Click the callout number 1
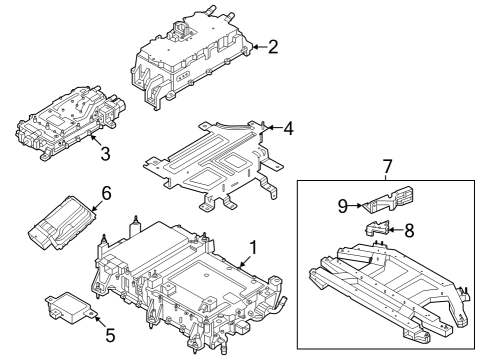coord(253,245)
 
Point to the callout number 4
coord(288,128)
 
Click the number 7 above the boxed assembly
coord(385,164)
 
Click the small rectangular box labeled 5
coord(67,304)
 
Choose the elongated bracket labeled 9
coord(385,202)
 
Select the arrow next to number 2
coord(258,46)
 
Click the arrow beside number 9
coord(355,206)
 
